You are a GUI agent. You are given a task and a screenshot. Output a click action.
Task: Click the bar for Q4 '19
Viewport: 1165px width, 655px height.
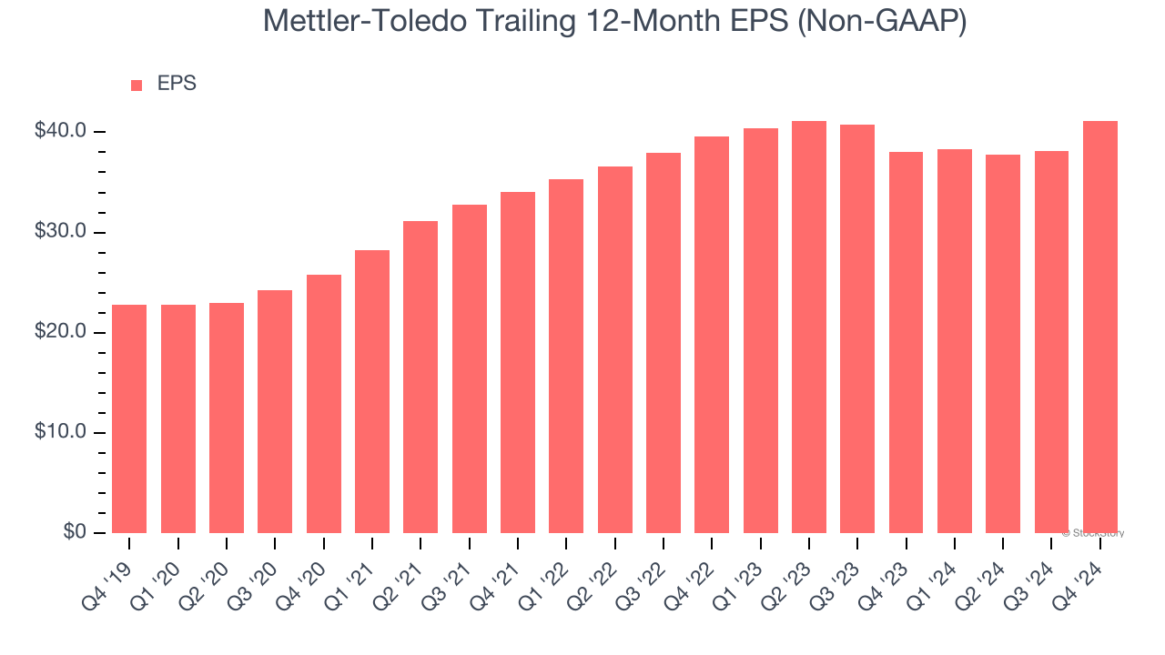[129, 418]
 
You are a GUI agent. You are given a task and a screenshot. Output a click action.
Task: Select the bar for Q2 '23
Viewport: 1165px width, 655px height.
[809, 327]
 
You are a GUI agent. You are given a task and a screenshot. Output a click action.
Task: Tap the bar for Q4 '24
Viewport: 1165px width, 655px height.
[1100, 327]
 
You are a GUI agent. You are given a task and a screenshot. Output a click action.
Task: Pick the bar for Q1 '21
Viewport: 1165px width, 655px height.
[372, 391]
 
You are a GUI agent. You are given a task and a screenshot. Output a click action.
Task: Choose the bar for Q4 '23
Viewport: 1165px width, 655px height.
[906, 342]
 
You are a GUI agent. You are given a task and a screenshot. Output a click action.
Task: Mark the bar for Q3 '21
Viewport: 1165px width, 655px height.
[470, 368]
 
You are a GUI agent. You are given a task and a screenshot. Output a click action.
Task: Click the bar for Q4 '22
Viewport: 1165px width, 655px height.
[712, 335]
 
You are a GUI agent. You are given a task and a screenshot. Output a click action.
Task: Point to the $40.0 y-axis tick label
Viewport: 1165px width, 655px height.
[60, 132]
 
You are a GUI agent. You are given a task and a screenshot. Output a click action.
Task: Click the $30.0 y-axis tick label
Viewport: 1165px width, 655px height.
[60, 232]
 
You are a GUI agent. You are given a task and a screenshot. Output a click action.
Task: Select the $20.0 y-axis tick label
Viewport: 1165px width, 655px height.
[60, 332]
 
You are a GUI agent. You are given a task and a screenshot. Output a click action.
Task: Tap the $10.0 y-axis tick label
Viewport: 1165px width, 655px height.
[60, 432]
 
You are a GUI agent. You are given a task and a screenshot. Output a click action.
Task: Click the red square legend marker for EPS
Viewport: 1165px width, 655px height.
[137, 85]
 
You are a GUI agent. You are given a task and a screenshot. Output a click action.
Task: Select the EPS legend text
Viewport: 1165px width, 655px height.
[177, 84]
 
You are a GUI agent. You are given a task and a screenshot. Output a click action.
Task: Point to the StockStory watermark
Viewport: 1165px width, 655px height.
[1092, 533]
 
